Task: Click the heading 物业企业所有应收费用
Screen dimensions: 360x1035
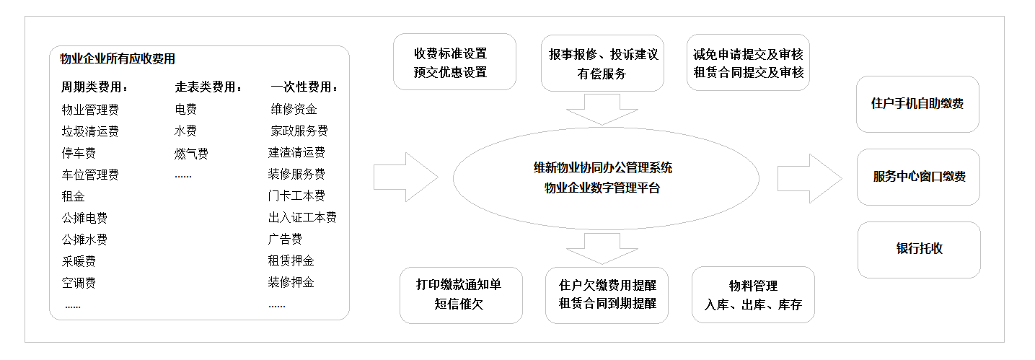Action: tap(118, 59)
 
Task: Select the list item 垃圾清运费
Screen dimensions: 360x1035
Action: tap(90, 131)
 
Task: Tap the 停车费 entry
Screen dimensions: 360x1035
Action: tap(79, 153)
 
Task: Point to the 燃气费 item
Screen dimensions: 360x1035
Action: tap(191, 153)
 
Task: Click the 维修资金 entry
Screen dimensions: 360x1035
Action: tap(294, 110)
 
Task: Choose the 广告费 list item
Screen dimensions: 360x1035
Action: tap(285, 240)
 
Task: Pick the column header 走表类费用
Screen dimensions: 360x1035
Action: tap(208, 87)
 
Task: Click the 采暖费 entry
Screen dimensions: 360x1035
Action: tap(79, 261)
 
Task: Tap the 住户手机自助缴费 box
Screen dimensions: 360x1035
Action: tap(917, 104)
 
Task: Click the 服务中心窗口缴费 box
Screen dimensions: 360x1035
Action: tap(918, 177)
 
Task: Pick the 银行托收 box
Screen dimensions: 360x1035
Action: tap(919, 249)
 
